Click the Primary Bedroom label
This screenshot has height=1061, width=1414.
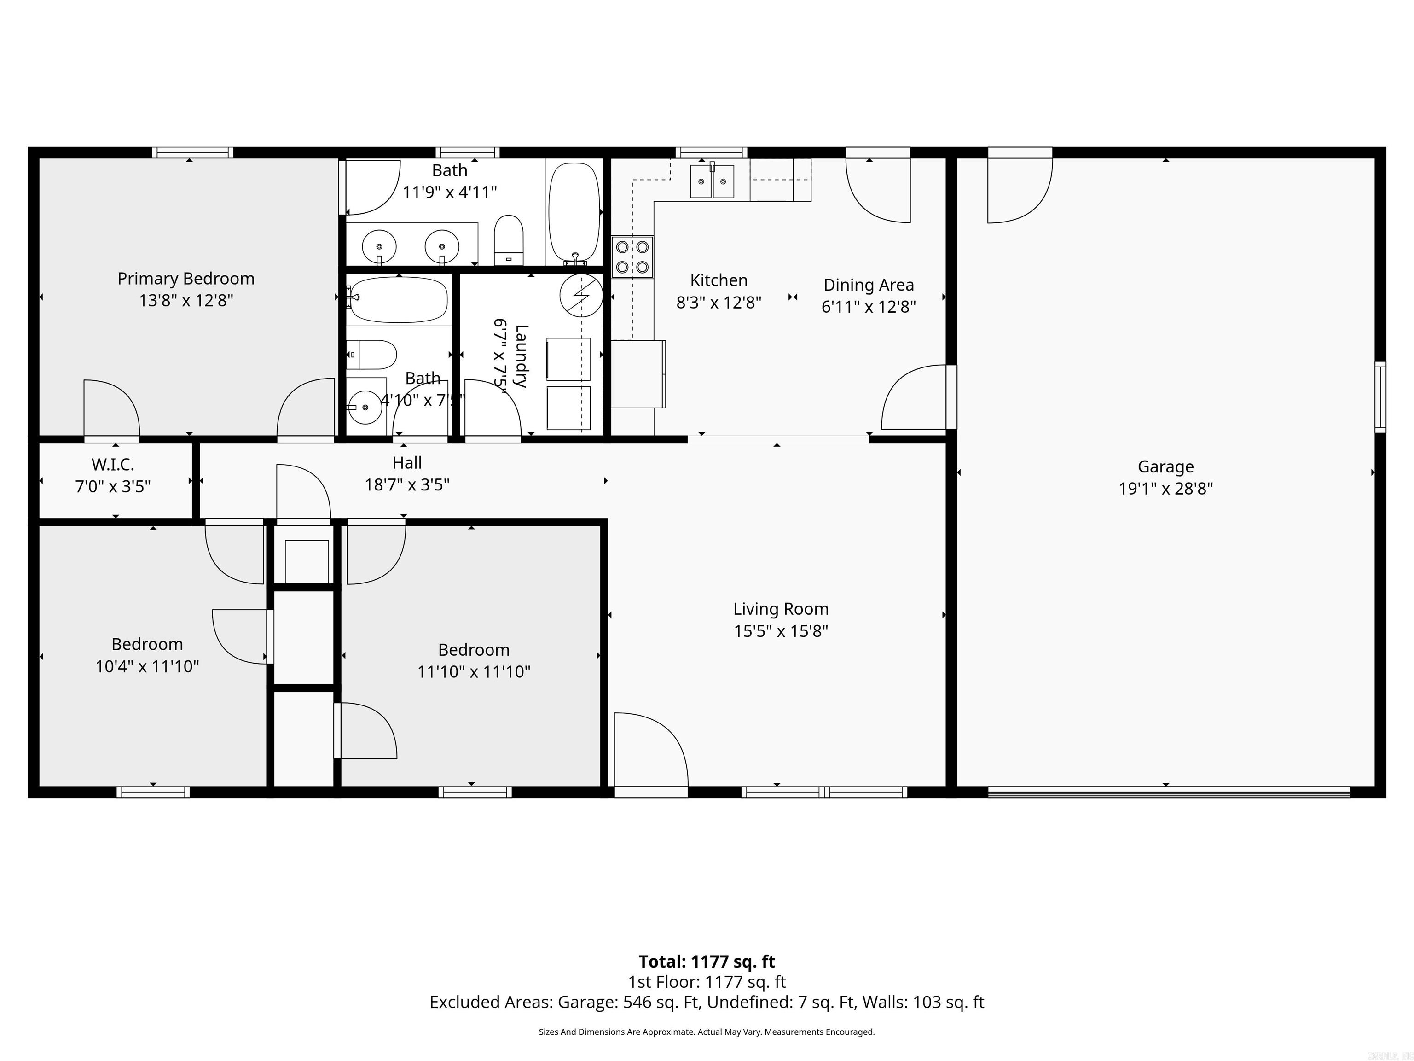click(x=185, y=279)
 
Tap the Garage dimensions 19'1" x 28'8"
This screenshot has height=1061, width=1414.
click(x=1165, y=489)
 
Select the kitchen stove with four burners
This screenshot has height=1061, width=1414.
click(x=632, y=257)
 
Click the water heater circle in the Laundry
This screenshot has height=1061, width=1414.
click(x=581, y=296)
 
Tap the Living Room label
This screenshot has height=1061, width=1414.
click(x=781, y=609)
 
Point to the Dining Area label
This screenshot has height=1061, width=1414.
click(x=868, y=285)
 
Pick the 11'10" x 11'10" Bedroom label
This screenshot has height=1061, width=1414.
click(x=474, y=650)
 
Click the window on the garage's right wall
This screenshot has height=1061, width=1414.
click(x=1380, y=396)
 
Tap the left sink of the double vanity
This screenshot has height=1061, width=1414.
click(x=379, y=246)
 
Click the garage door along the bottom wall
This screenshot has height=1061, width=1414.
click(x=1169, y=792)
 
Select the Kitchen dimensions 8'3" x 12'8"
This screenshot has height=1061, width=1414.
click(x=719, y=303)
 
